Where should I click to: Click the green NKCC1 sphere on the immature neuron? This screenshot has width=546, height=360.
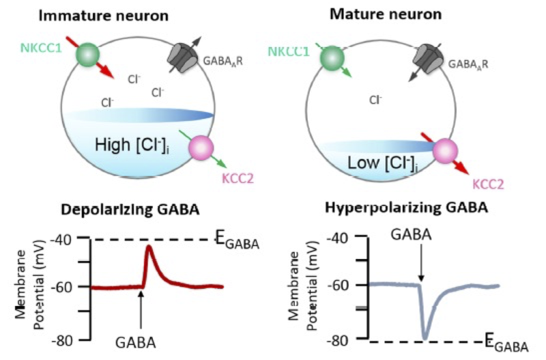(88, 55)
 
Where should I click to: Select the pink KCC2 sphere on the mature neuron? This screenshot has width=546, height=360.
(444, 150)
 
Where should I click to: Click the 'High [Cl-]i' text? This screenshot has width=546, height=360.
(129, 145)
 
